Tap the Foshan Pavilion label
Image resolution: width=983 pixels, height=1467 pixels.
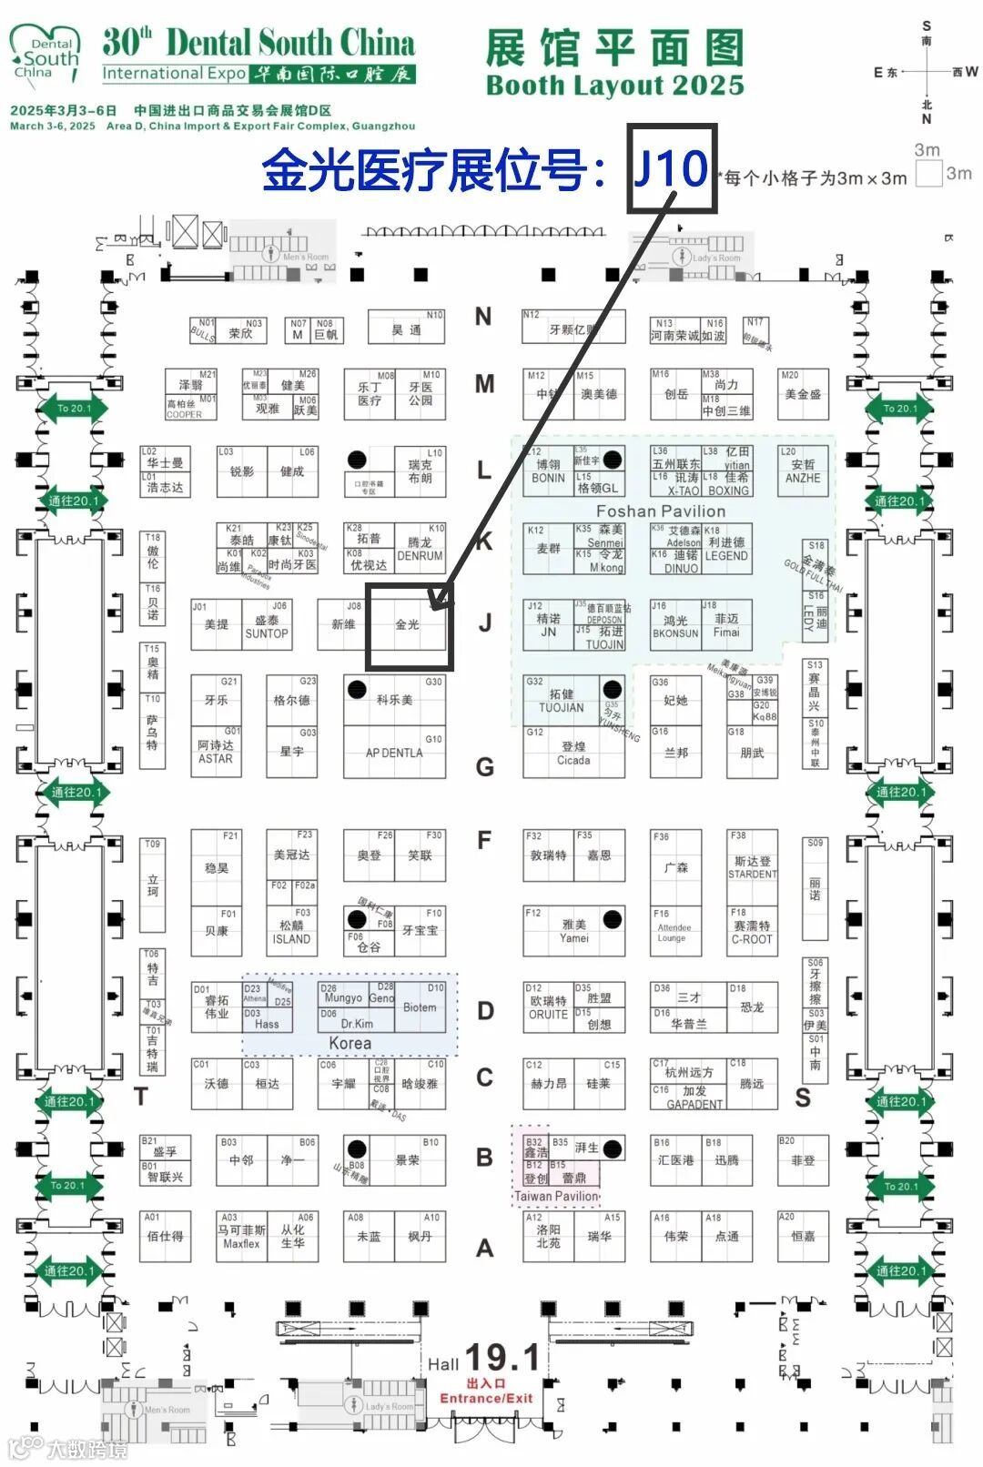pos(660,511)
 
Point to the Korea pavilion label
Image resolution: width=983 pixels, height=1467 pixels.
pos(350,1043)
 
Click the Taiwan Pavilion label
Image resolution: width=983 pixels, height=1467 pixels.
pos(557,1196)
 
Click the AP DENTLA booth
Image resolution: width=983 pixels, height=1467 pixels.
pos(394,753)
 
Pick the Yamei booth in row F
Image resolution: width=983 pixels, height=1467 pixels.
pos(574,930)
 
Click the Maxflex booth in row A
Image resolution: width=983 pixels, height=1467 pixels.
pos(241,1237)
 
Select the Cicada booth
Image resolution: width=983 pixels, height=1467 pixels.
pos(573,753)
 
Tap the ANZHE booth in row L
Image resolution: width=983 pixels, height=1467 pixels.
pos(803,471)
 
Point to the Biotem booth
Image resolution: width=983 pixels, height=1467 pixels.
pos(420,1007)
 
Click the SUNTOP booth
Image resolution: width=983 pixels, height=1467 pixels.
pos(266,627)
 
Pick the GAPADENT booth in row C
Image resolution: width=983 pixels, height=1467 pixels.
pos(694,1097)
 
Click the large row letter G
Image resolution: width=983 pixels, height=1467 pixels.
pos(485,767)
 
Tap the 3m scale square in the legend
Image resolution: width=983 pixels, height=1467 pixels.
pos(928,173)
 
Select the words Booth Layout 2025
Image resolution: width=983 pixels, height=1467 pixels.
pos(615,86)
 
